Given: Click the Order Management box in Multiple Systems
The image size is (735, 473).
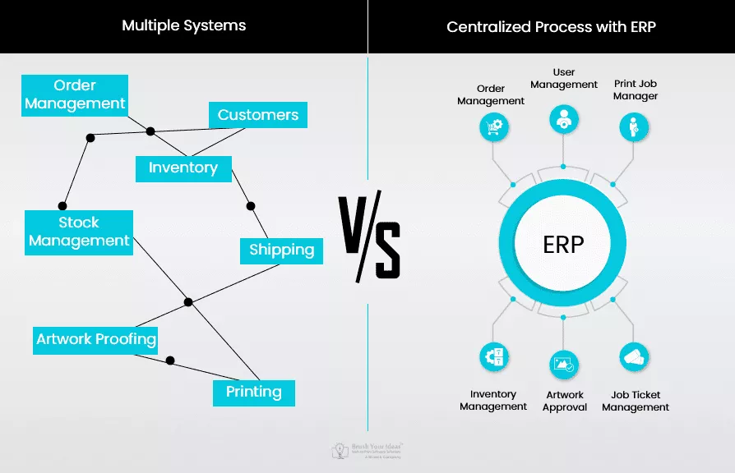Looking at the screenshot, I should [x=75, y=94].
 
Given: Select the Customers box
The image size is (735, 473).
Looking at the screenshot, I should [x=257, y=115].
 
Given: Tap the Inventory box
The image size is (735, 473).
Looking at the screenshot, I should [x=183, y=168].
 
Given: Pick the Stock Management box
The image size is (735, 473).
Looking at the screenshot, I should [x=79, y=232].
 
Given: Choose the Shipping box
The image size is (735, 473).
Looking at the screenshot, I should [x=281, y=250].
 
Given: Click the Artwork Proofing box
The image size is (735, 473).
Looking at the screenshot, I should [x=96, y=339].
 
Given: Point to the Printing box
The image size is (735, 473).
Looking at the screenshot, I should [x=253, y=392].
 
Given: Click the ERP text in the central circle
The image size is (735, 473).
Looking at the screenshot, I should [x=563, y=244].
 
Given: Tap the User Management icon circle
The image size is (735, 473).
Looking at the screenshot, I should [x=563, y=118].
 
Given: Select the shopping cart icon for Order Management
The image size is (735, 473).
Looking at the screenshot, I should [x=495, y=126].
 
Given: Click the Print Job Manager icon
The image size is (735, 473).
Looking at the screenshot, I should [x=634, y=126].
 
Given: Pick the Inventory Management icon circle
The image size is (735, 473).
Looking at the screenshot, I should [x=495, y=357].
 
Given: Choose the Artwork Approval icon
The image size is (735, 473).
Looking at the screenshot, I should [x=564, y=365].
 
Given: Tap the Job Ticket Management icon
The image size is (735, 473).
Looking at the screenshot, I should [x=634, y=357].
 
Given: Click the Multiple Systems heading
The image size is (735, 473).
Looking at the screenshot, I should [x=183, y=25].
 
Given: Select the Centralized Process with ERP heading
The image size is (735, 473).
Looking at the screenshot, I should [x=551, y=26].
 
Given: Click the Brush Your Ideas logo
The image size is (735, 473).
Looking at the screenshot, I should [x=367, y=450].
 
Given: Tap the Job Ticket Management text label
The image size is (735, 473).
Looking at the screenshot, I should [x=636, y=401].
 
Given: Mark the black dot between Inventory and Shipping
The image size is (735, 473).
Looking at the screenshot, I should [x=251, y=205].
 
